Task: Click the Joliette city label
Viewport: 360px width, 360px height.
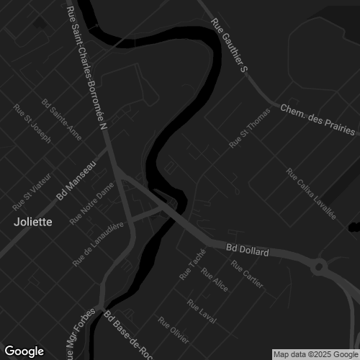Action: coord(32,222)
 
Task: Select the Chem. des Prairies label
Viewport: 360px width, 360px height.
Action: coord(317,120)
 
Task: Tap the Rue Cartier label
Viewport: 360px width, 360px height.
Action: coord(247,271)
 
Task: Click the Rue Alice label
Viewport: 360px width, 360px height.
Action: coord(215,281)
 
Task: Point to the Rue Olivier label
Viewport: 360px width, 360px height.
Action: coord(174,330)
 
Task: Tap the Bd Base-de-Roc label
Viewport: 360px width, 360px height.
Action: coord(127,335)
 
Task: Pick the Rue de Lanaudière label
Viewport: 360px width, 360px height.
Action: coord(99,244)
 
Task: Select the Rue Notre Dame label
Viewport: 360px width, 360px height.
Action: coord(92,204)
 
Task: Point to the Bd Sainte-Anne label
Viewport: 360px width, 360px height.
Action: coord(62,119)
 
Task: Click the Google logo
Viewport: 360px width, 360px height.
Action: coord(24,351)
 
